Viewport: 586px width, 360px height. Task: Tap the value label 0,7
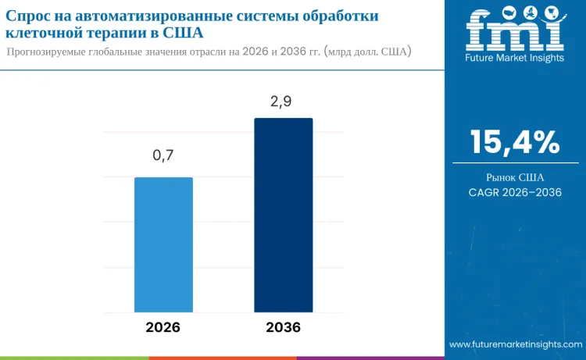click(x=163, y=155)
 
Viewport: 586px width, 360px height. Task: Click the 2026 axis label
click(x=163, y=327)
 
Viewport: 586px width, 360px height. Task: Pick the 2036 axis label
click(x=283, y=327)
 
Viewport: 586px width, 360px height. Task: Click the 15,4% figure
click(x=515, y=142)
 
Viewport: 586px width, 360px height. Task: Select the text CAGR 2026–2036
click(x=515, y=192)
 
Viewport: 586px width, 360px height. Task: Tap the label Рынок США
click(x=515, y=177)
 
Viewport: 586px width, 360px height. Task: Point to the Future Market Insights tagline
click(x=514, y=58)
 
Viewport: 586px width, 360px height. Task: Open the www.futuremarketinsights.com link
click(x=516, y=344)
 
